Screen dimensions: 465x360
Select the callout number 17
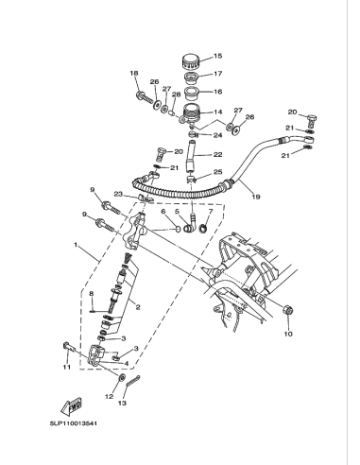coord(216,74)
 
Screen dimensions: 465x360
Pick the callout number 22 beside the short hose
coord(216,155)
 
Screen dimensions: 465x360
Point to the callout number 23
coord(119,195)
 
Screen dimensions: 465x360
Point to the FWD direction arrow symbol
coord(72,406)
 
